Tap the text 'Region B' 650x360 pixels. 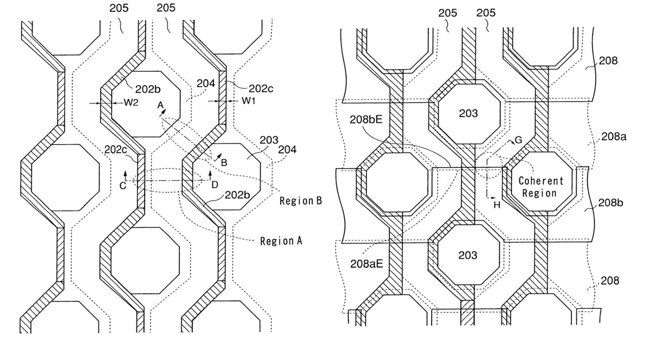(x=301, y=201)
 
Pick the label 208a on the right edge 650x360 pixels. (x=614, y=138)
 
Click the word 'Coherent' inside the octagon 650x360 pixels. (x=541, y=181)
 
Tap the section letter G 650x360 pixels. (x=518, y=140)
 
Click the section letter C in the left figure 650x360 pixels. (x=123, y=185)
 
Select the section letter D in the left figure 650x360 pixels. (x=215, y=185)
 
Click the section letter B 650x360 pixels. (x=224, y=161)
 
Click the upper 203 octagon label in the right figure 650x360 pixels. (x=467, y=114)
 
